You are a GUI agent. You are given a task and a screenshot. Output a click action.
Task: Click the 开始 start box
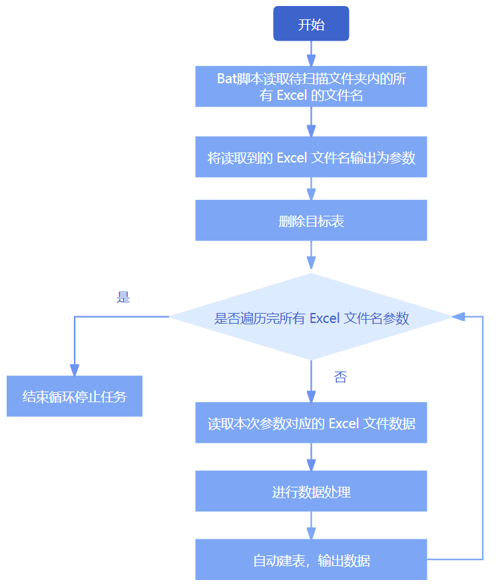pyautogui.click(x=311, y=24)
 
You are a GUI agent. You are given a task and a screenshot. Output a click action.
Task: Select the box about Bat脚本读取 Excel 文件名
pyautogui.click(x=311, y=87)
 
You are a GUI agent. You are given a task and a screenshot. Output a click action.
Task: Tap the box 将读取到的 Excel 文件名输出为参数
pyautogui.click(x=311, y=158)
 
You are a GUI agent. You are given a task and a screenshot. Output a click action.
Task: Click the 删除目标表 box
pyautogui.click(x=311, y=221)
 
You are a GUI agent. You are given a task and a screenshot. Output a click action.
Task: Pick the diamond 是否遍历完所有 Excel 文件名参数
pyautogui.click(x=311, y=318)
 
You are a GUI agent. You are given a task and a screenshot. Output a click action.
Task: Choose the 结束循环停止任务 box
pyautogui.click(x=75, y=397)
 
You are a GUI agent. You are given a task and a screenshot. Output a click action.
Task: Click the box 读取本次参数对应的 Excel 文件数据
pyautogui.click(x=311, y=423)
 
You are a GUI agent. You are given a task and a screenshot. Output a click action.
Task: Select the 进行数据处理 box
pyautogui.click(x=311, y=492)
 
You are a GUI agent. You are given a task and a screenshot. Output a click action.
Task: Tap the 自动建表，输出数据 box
pyautogui.click(x=311, y=560)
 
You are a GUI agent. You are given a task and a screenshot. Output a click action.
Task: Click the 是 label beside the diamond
pyautogui.click(x=123, y=297)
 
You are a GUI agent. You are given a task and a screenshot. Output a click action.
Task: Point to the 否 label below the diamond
pyautogui.click(x=340, y=378)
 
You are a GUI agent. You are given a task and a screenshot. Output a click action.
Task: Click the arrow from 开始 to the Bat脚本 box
pyautogui.click(x=311, y=53)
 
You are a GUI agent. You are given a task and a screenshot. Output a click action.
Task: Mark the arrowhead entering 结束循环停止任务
pyautogui.click(x=75, y=370)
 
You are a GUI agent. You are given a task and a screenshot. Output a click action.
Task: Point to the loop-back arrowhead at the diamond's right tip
pyautogui.click(x=459, y=317)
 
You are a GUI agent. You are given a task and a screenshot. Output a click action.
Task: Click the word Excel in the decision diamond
pyautogui.click(x=324, y=318)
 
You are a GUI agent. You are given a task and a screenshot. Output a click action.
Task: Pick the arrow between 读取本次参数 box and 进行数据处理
pyautogui.click(x=311, y=457)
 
